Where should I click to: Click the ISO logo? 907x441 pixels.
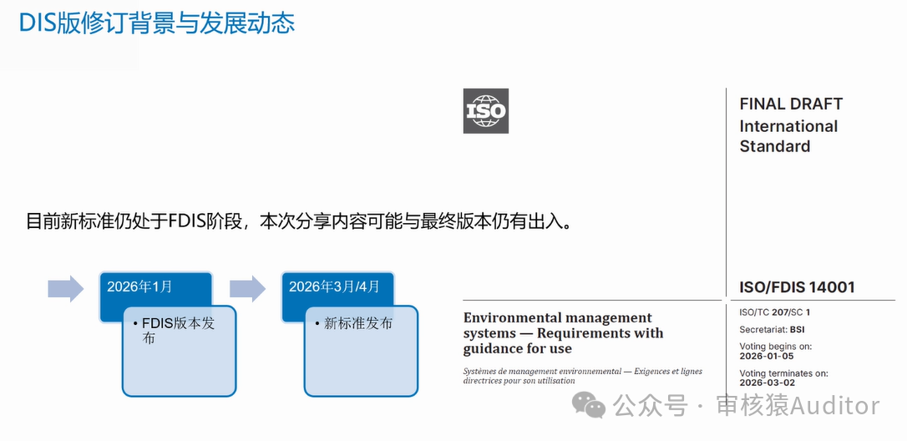(x=486, y=111)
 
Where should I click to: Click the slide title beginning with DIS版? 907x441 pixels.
(x=157, y=23)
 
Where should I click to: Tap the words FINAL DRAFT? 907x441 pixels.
(x=791, y=104)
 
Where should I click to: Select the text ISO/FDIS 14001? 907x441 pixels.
(x=797, y=287)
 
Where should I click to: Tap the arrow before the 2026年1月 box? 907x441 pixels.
(x=66, y=288)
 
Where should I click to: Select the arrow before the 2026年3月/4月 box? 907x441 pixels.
(x=247, y=288)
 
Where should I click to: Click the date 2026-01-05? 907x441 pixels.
(x=767, y=357)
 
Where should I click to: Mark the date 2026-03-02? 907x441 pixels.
(x=767, y=383)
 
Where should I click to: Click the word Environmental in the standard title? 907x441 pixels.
(x=511, y=317)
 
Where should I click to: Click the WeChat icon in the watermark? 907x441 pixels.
(x=589, y=404)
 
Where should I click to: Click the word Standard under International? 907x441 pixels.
(x=775, y=146)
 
